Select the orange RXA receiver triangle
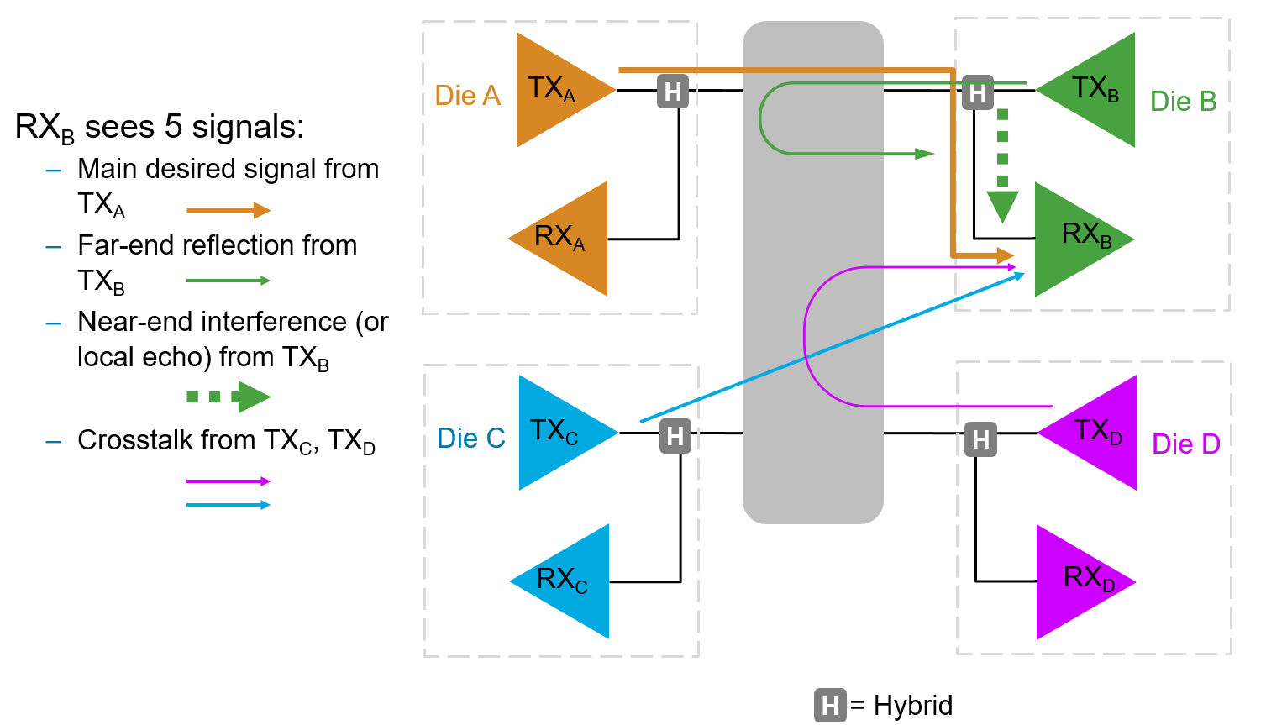[565, 239]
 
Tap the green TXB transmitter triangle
[1094, 90]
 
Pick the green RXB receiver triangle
[1077, 239]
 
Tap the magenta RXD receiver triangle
[1079, 582]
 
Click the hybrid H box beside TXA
[673, 91]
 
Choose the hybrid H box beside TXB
[978, 92]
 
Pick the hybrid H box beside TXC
[675, 436]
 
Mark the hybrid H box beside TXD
[980, 439]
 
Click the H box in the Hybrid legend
[830, 705]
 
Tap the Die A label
[467, 96]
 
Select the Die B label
[1184, 102]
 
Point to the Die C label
[470, 439]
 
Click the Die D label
[1185, 444]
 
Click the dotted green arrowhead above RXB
[1002, 207]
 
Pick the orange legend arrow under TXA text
[229, 210]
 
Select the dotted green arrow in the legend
[229, 397]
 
